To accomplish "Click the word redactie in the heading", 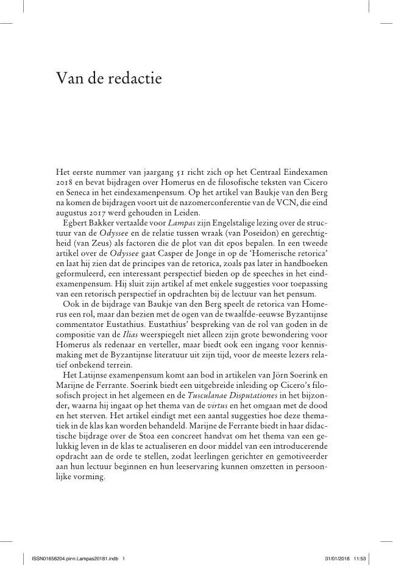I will tap(130, 78).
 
